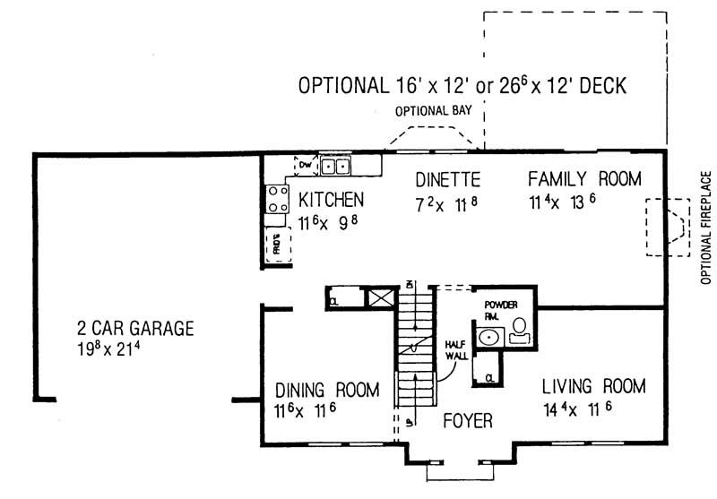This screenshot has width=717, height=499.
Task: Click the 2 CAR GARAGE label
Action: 134,328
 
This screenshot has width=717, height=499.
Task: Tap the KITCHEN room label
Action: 332,198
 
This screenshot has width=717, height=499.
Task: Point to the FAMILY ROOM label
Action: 584,178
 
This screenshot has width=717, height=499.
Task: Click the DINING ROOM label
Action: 327,390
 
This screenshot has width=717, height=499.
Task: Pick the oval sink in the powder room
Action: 488,338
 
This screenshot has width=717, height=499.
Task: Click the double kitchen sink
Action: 337,166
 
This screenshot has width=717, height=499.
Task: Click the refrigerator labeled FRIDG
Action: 276,244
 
